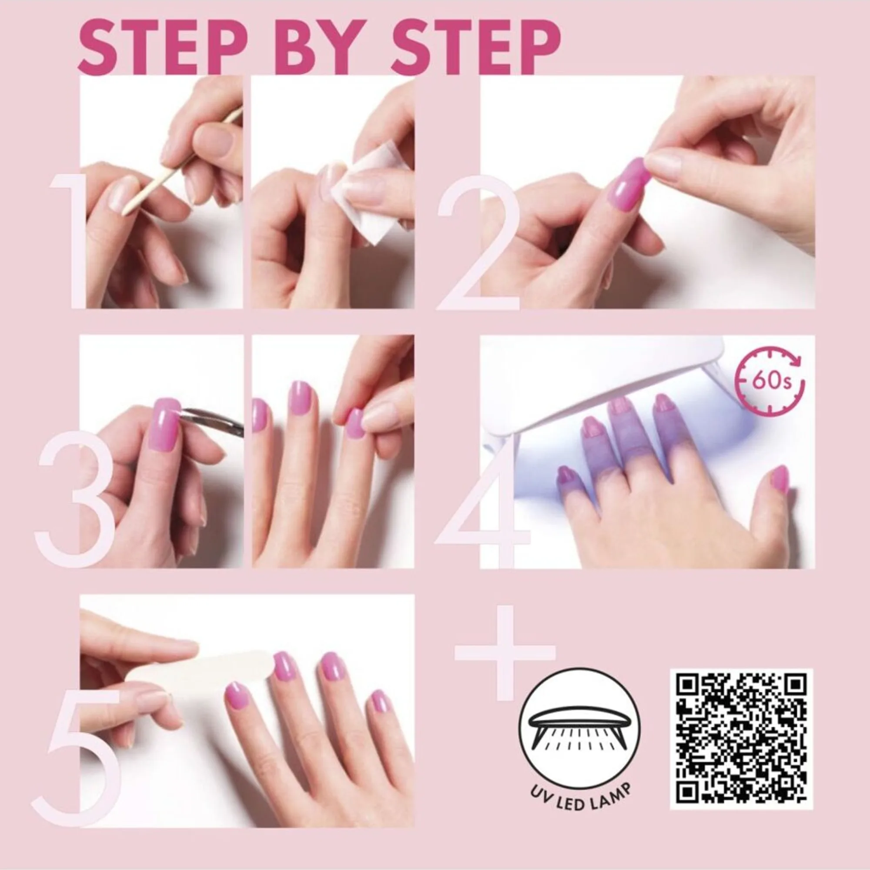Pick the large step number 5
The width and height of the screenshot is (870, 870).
(x=77, y=757)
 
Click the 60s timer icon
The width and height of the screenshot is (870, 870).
(x=770, y=381)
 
